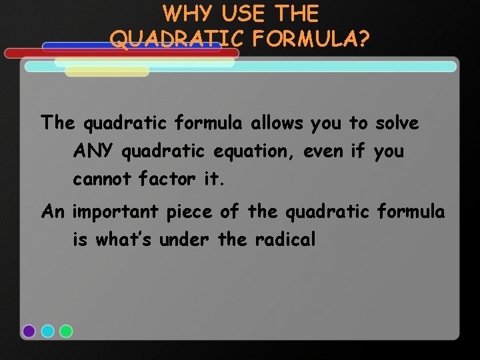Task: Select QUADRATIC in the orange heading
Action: (x=175, y=39)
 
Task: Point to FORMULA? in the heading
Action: (x=311, y=39)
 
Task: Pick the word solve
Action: (x=397, y=123)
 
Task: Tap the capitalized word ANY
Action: (x=94, y=151)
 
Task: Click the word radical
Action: (x=285, y=240)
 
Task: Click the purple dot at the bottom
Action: (x=29, y=331)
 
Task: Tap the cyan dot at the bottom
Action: (x=47, y=331)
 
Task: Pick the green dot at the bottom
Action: (x=66, y=331)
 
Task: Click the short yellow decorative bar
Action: (x=107, y=71)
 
